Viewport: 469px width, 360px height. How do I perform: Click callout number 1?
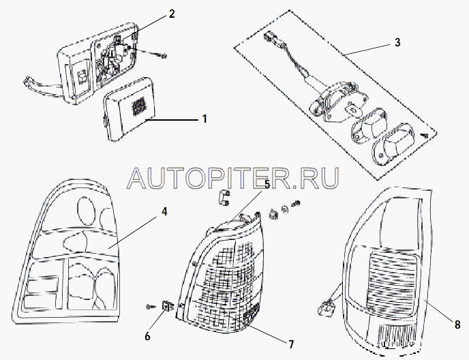coord(203,119)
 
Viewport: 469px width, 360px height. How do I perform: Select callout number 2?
coord(172,14)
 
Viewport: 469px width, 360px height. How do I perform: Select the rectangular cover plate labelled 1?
coord(130,112)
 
